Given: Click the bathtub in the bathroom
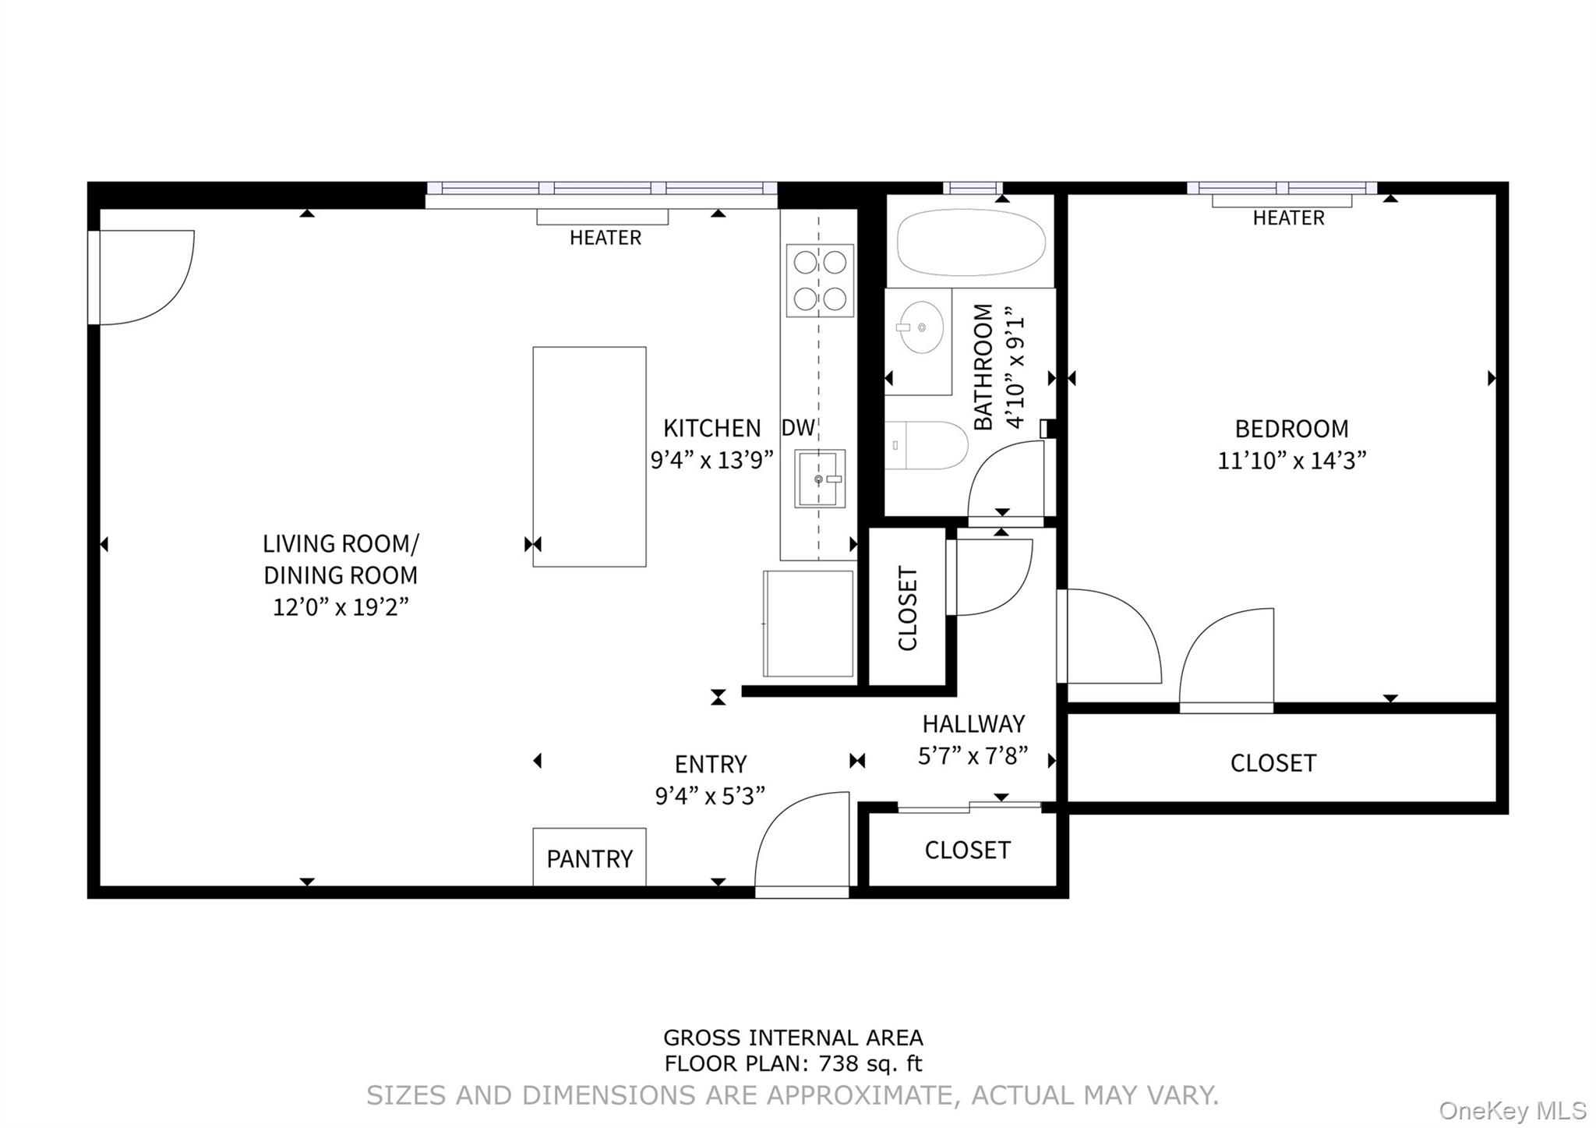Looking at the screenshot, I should tap(970, 242).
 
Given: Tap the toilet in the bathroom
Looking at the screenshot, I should tap(927, 445).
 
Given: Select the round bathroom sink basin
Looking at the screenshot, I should tap(920, 327).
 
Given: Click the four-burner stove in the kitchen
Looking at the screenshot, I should tap(820, 281).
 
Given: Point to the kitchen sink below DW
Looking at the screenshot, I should tap(819, 479).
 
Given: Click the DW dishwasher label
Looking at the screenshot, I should tap(798, 427).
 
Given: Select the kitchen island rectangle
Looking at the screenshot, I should tap(589, 456).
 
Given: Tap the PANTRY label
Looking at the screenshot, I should tap(589, 859).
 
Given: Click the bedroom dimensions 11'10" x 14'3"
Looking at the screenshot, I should tap(1291, 461).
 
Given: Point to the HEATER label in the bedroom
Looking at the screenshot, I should tap(1288, 218).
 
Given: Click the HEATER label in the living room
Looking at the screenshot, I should tap(605, 238).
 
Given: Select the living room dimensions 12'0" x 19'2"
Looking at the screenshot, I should tap(341, 606).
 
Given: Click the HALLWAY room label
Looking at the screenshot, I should tap(973, 724).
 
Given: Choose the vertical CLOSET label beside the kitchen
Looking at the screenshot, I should tap(908, 608).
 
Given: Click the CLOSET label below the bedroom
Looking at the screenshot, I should tap(1273, 763).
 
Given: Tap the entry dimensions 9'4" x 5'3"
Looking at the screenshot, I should tap(709, 796).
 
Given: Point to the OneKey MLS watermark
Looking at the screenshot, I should tap(1512, 1110).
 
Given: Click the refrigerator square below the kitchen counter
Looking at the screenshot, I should tap(808, 624).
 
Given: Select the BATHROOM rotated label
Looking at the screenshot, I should tap(983, 366).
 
